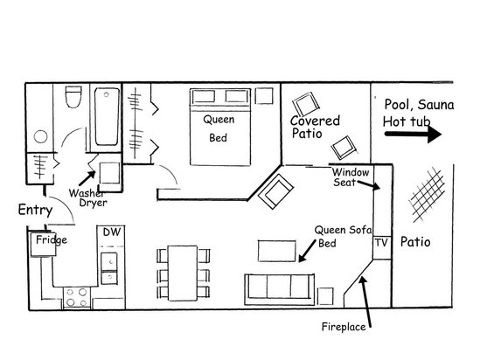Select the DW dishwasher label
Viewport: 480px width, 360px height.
111,232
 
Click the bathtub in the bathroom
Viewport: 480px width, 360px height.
105,118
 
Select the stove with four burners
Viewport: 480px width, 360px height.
73,295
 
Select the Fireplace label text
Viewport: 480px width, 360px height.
344,329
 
